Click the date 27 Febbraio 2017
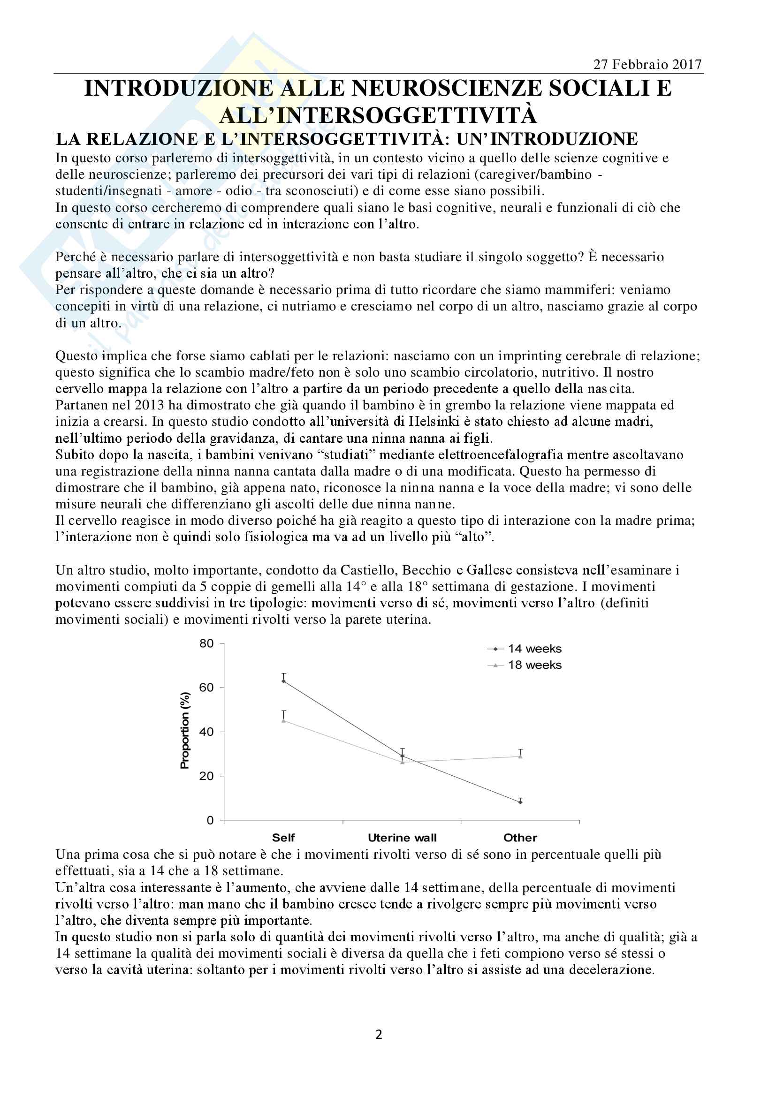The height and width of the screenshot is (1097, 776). [647, 65]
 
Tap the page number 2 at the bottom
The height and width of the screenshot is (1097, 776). [379, 1035]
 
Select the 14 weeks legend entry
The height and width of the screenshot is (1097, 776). [534, 649]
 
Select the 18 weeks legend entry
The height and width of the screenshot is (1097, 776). [534, 665]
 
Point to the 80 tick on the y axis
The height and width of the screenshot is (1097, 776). [206, 643]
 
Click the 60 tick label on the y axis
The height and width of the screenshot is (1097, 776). [206, 688]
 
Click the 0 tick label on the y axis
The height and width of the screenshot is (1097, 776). [210, 820]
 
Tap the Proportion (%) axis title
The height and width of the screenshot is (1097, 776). [185, 731]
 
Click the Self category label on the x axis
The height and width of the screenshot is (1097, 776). [283, 838]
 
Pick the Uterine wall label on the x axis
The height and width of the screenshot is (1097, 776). [402, 838]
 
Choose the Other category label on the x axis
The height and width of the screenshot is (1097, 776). [520, 838]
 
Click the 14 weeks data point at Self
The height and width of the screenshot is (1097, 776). [284, 681]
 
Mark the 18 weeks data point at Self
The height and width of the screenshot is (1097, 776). [284, 720]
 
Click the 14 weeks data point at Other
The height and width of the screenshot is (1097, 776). [520, 802]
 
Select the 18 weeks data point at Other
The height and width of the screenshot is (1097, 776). [520, 757]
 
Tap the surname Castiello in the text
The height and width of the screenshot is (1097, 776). [368, 570]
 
